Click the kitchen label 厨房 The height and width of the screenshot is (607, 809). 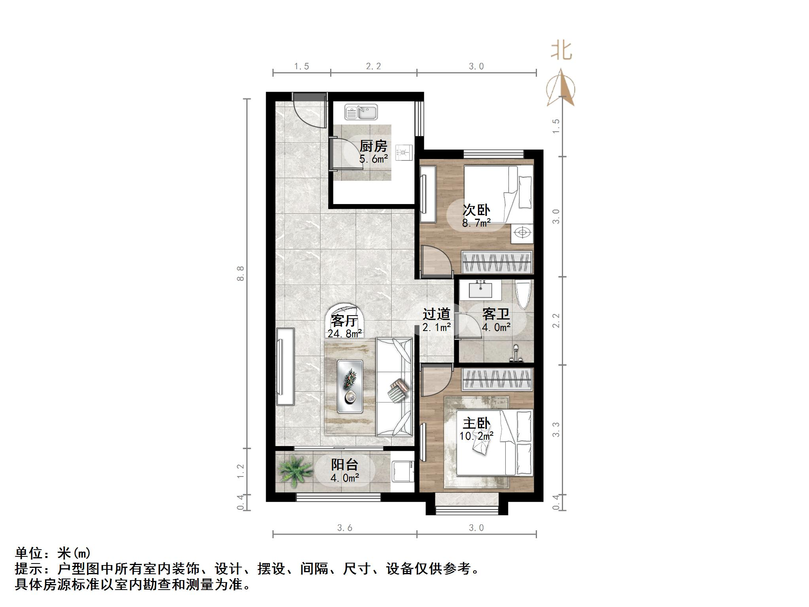[x=373, y=146]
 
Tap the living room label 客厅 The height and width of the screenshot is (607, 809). [x=344, y=320]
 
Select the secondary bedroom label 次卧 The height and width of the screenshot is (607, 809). [x=476, y=210]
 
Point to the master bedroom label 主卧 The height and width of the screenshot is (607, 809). [x=476, y=423]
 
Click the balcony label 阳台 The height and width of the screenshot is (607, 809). [x=344, y=464]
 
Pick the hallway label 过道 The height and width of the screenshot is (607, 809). [x=436, y=314]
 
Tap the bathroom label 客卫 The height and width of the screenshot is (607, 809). [x=496, y=314]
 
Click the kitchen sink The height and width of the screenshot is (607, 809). [x=361, y=112]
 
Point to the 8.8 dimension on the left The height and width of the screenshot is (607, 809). [x=240, y=273]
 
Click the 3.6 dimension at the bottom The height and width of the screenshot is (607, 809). [x=344, y=528]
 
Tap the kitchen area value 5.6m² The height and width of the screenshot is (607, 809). [x=373, y=159]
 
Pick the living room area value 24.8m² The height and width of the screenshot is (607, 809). [x=344, y=334]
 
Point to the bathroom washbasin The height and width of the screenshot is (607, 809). [x=480, y=290]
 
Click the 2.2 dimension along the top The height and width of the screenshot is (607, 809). [x=373, y=66]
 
